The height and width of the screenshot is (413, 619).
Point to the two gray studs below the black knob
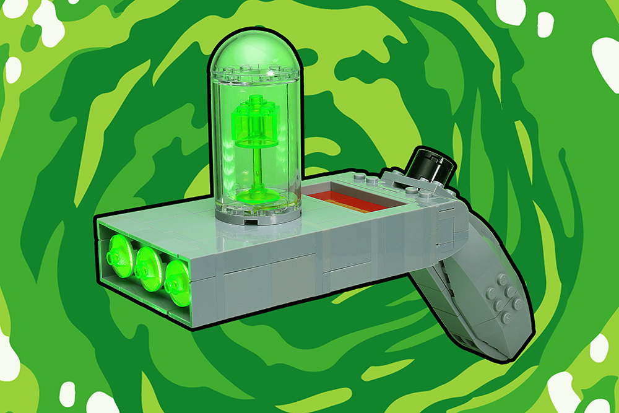coord(422,191)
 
